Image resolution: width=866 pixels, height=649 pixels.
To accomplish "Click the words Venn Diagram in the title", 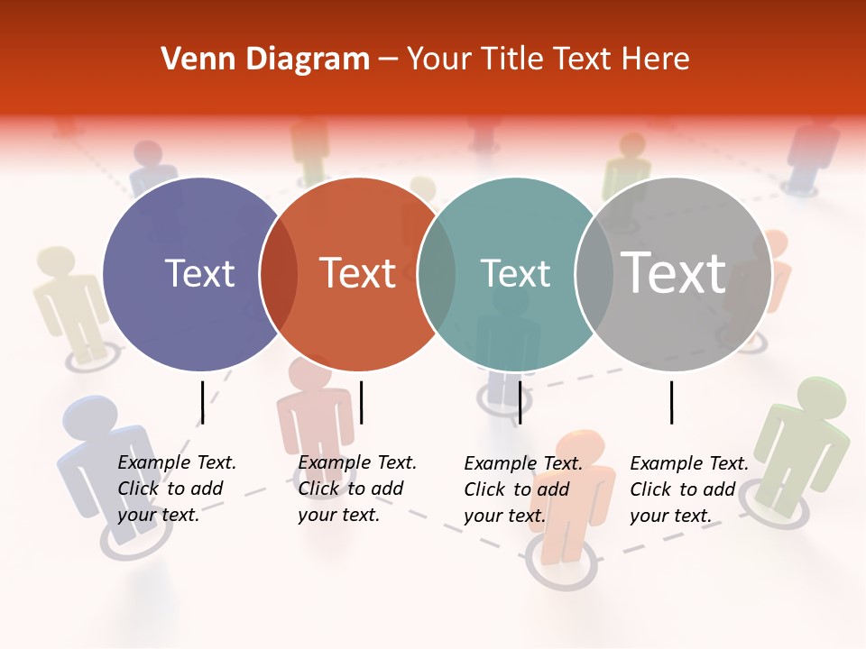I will coord(265,59).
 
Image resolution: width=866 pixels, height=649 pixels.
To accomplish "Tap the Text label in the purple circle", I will coord(200,274).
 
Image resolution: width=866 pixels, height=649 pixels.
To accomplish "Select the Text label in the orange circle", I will coord(357,274).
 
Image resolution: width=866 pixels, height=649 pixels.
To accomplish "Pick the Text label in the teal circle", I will coord(515,274).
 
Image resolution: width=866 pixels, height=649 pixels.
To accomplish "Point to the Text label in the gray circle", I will coord(674,272).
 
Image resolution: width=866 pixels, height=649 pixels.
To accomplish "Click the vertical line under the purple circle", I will coord(202,402).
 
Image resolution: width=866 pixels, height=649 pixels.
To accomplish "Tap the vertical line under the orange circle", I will coord(361,402).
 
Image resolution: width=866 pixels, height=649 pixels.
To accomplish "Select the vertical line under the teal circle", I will coord(520,402).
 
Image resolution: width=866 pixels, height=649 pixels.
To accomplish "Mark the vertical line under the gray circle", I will coord(672,402).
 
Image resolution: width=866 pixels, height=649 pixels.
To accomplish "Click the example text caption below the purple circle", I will coord(177,489).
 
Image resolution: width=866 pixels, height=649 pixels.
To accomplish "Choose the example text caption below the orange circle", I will coord(357,489).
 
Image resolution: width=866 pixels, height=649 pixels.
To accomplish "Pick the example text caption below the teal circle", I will coord(523,489).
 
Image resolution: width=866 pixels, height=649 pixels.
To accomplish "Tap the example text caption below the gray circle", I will coord(689,489).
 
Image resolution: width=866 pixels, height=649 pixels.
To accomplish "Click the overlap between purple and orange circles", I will coord(279,274).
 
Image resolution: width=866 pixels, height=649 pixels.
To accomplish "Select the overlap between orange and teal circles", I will coord(437,274).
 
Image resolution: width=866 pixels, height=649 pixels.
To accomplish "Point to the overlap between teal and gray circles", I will coord(594,274).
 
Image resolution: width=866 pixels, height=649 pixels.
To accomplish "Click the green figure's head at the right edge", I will coord(823,397).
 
